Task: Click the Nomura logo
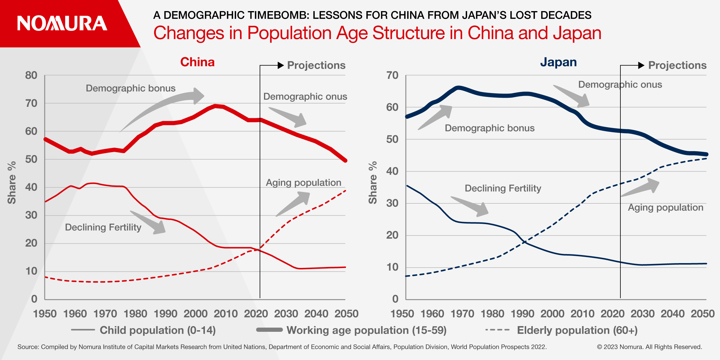pos(62,23)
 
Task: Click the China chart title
pos(197,62)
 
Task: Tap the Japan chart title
pos(558,62)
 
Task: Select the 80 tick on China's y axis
pos(31,75)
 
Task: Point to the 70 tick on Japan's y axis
pos(392,75)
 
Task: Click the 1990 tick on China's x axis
pos(165,314)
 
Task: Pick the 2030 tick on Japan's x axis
pos(642,314)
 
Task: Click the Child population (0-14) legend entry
pos(157,330)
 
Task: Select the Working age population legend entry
pos(366,330)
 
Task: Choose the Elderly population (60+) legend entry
pos(577,330)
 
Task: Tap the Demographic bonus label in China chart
pos(130,88)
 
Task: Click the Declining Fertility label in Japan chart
pos(503,188)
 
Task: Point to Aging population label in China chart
pos(303,183)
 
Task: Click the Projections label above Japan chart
pos(677,65)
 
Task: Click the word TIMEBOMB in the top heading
pos(263,15)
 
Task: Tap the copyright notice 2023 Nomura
pos(649,347)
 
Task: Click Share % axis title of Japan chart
pos(373,183)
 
